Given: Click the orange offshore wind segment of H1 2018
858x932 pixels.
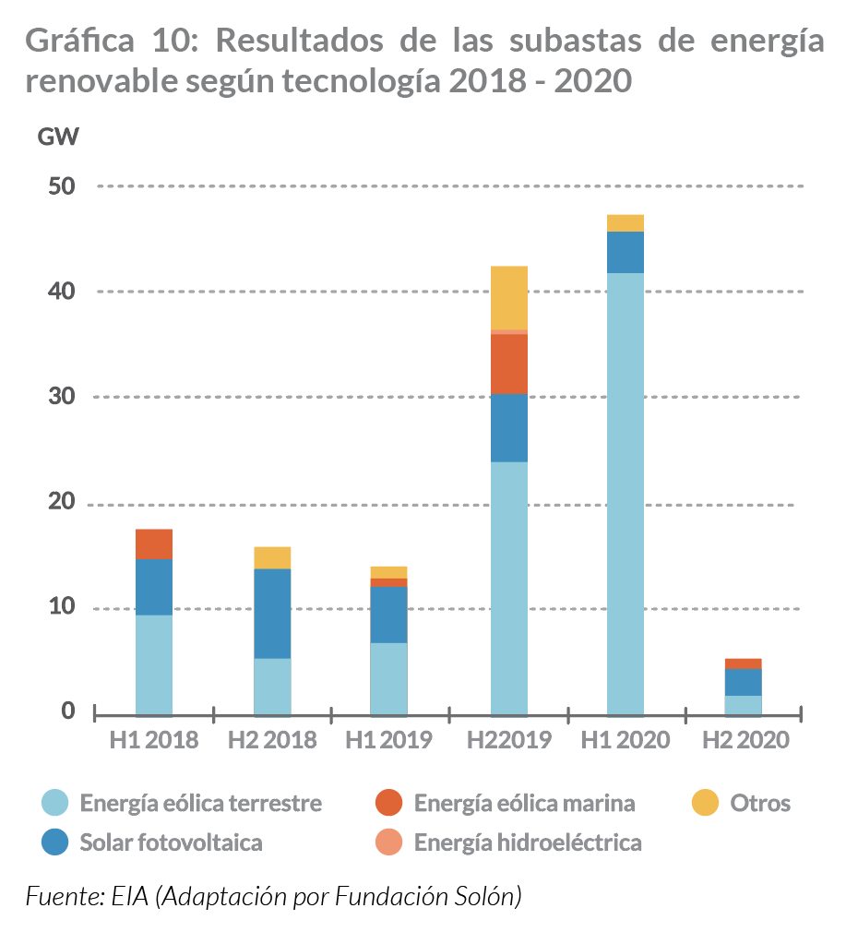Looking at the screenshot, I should [x=154, y=544].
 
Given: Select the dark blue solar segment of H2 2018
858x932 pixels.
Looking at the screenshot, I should [x=272, y=613].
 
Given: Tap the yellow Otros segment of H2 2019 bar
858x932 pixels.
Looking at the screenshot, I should [x=509, y=297].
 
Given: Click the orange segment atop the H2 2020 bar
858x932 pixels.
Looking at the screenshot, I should [x=743, y=663].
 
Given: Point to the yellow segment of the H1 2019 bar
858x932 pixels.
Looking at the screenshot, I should [x=388, y=572].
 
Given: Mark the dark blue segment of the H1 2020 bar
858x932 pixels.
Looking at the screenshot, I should [x=626, y=252].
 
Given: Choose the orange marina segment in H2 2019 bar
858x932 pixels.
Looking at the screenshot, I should [x=509, y=364].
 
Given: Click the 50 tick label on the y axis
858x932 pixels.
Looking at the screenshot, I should [x=60, y=185].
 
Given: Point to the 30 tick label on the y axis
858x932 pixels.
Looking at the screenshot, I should [x=60, y=397].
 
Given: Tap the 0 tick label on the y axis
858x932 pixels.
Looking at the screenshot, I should [x=67, y=711].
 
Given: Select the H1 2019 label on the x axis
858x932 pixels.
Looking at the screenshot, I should [x=388, y=740].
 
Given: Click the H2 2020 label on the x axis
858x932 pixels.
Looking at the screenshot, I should [x=745, y=740].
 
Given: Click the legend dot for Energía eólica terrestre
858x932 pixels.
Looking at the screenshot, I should [x=55, y=803].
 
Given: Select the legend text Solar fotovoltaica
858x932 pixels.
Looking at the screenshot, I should [x=171, y=842].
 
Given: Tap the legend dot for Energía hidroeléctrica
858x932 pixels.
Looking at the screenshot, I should [x=389, y=842].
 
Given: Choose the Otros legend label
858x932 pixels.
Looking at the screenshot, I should [x=760, y=803].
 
